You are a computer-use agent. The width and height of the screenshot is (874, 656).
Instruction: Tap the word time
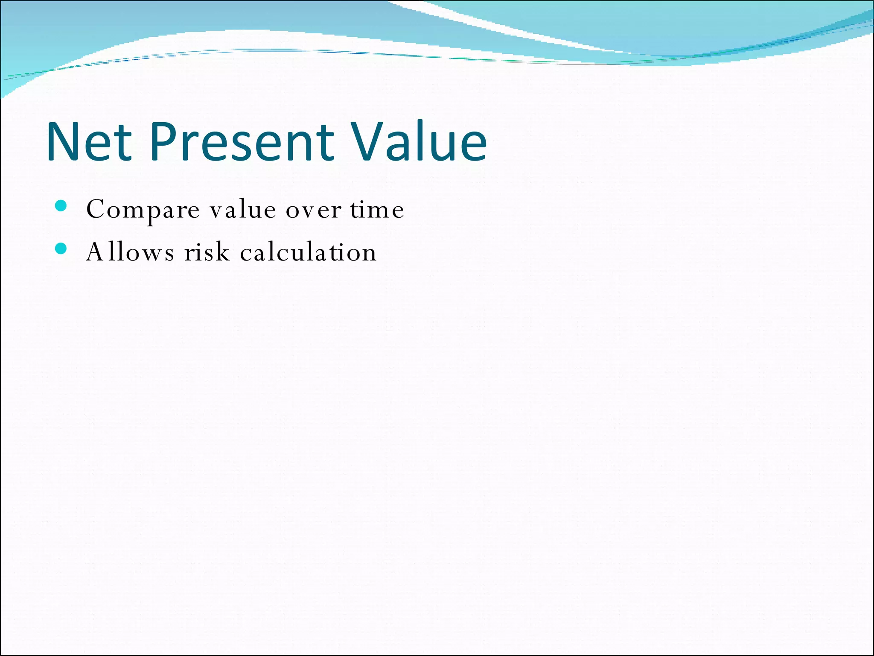point(377,209)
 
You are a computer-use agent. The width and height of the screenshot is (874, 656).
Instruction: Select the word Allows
point(130,252)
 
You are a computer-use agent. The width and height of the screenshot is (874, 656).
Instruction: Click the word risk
point(207,252)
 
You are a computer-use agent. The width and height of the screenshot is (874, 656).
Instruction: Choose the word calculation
point(308,252)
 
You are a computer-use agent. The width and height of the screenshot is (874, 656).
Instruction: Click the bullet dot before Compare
point(61,206)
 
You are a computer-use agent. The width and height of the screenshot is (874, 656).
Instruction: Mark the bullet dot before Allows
point(61,249)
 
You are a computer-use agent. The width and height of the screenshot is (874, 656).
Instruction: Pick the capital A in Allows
point(94,252)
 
